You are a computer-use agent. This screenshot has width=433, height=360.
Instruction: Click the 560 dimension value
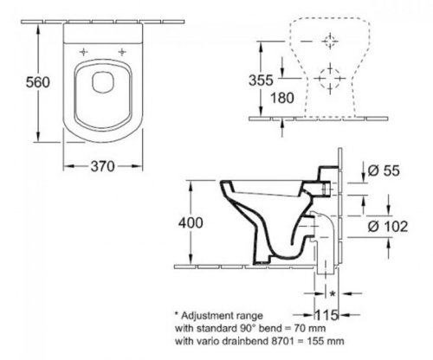(x=38, y=82)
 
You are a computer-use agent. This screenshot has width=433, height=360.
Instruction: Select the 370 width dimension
(x=102, y=166)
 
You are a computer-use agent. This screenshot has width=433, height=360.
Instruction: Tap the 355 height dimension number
(x=261, y=80)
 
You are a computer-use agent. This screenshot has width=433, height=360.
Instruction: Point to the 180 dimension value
(x=282, y=98)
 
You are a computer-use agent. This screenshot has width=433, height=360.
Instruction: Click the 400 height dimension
(x=191, y=222)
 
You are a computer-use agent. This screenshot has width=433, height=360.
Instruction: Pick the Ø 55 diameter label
(x=384, y=170)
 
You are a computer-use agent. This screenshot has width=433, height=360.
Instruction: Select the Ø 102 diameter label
(x=388, y=226)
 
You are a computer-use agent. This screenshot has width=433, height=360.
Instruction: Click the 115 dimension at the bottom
(x=326, y=315)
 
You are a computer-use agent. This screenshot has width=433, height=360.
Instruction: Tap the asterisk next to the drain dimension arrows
(x=333, y=293)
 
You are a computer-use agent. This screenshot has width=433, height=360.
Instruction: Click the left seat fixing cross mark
(x=83, y=52)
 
